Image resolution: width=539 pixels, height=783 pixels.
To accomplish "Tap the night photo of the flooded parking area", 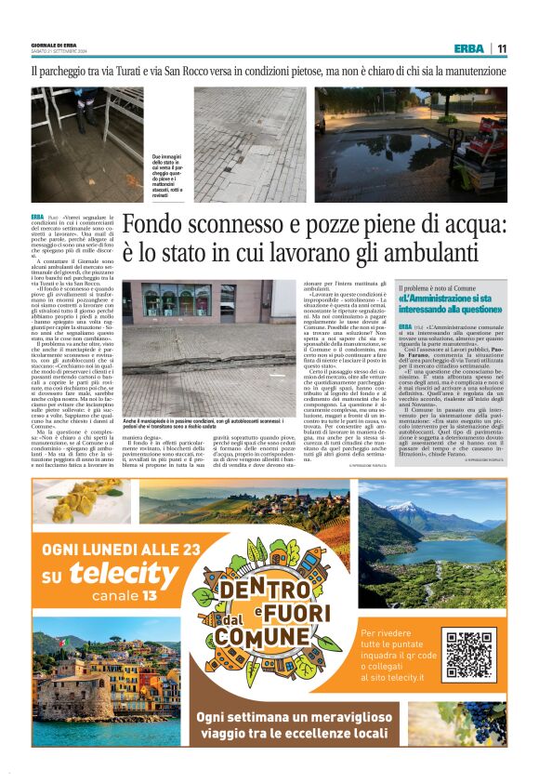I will [410, 144].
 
